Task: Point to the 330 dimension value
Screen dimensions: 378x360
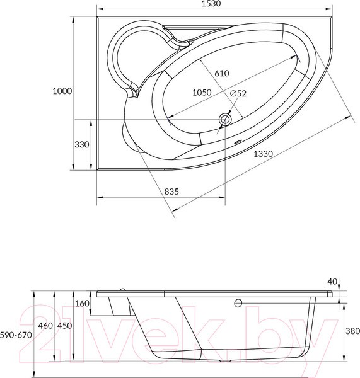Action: coord(83,144)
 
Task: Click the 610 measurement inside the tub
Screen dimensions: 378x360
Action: coord(222,73)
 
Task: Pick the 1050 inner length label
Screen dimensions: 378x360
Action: coord(201,93)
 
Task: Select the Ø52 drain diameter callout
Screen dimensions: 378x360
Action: coord(238,93)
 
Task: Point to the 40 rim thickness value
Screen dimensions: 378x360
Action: coord(333,281)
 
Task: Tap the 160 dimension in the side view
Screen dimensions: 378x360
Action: coord(81,304)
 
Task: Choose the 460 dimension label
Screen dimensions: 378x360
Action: coord(45,326)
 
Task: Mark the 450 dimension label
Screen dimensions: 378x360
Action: coord(64,326)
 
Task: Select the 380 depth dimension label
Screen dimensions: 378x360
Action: coord(352,331)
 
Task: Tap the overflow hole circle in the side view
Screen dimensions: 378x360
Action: coord(238,303)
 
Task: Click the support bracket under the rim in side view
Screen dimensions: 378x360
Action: coord(118,307)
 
